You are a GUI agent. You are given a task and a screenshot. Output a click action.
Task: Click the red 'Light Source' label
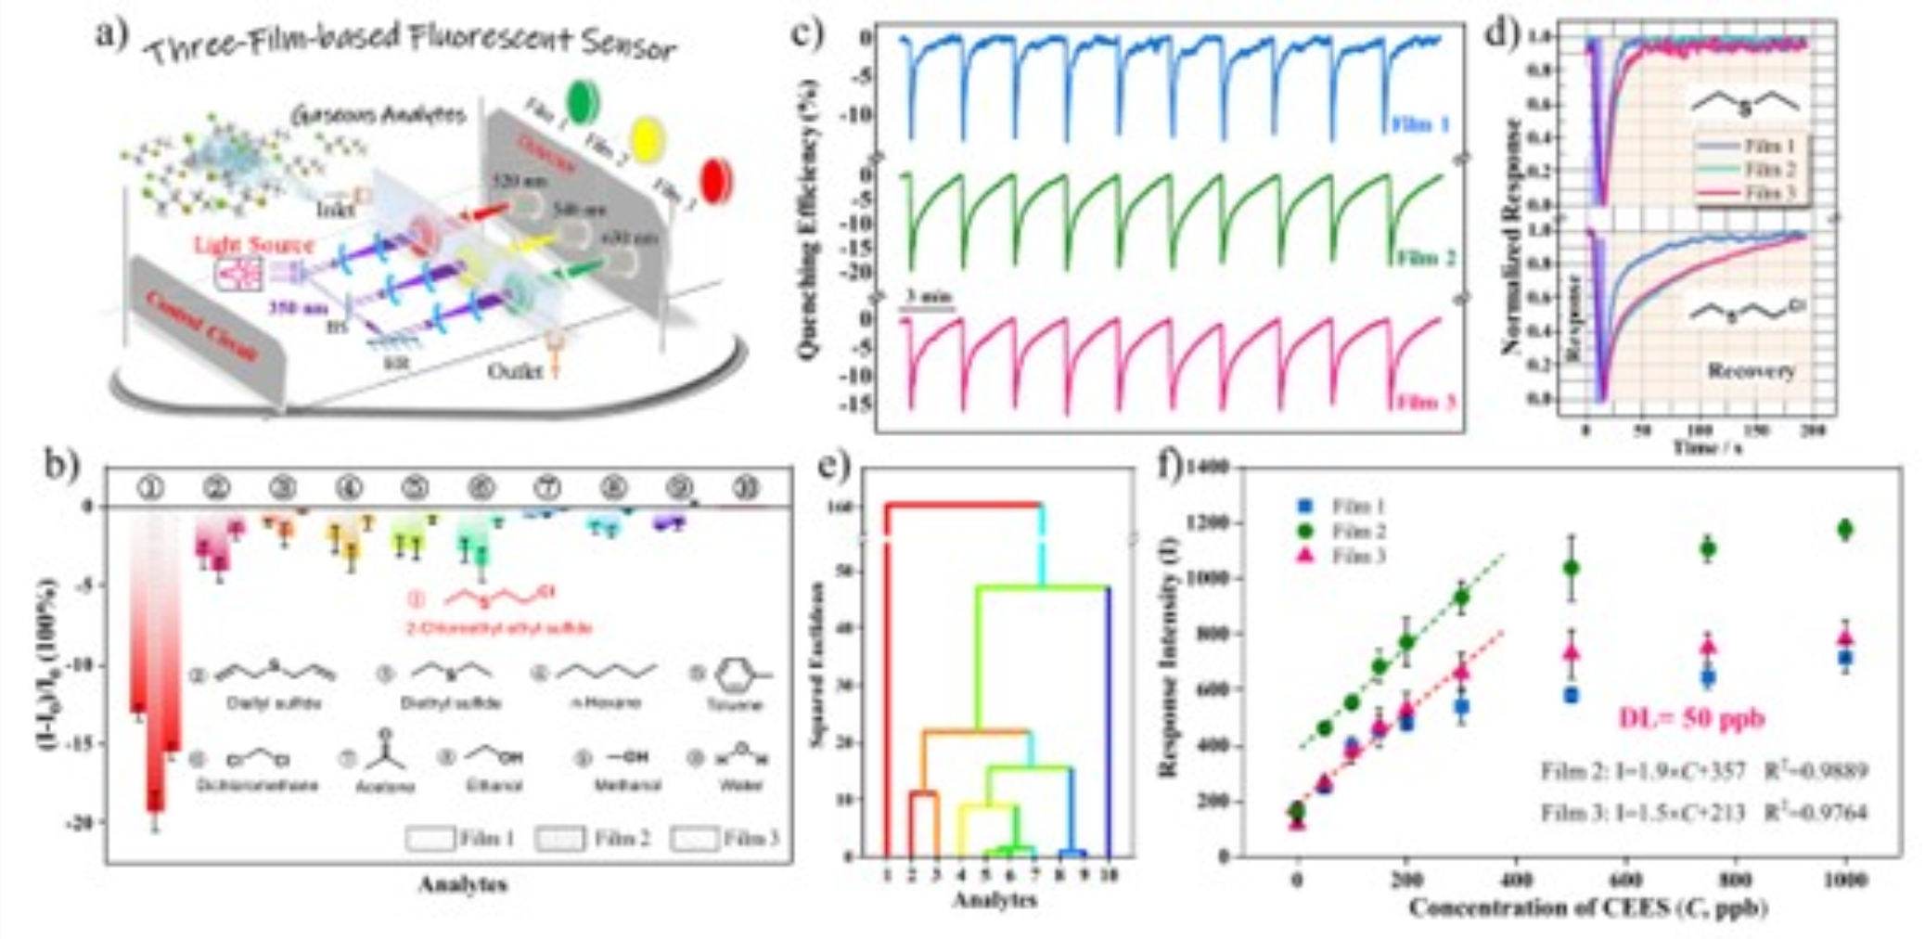254,245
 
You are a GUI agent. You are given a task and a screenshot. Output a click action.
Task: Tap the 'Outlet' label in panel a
515,370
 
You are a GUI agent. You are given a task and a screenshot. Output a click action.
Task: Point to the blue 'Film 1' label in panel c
1420,123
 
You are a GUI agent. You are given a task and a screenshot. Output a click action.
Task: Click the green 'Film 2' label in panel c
1425,257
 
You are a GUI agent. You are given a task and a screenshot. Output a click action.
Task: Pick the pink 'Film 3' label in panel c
1425,402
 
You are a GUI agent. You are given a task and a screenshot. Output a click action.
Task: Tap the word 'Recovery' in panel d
1751,370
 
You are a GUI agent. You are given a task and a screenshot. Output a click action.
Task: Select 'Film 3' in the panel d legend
1770,193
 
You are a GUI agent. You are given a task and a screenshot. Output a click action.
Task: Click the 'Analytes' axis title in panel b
462,883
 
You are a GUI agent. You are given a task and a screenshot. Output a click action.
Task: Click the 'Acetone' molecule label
385,786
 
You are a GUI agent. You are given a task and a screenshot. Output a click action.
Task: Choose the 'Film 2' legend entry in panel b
621,839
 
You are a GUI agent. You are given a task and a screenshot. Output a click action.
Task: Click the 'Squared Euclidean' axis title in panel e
817,664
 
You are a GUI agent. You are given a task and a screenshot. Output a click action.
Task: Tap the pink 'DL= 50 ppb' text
1691,717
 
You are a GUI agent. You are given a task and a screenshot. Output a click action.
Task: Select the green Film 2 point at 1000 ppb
1845,529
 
